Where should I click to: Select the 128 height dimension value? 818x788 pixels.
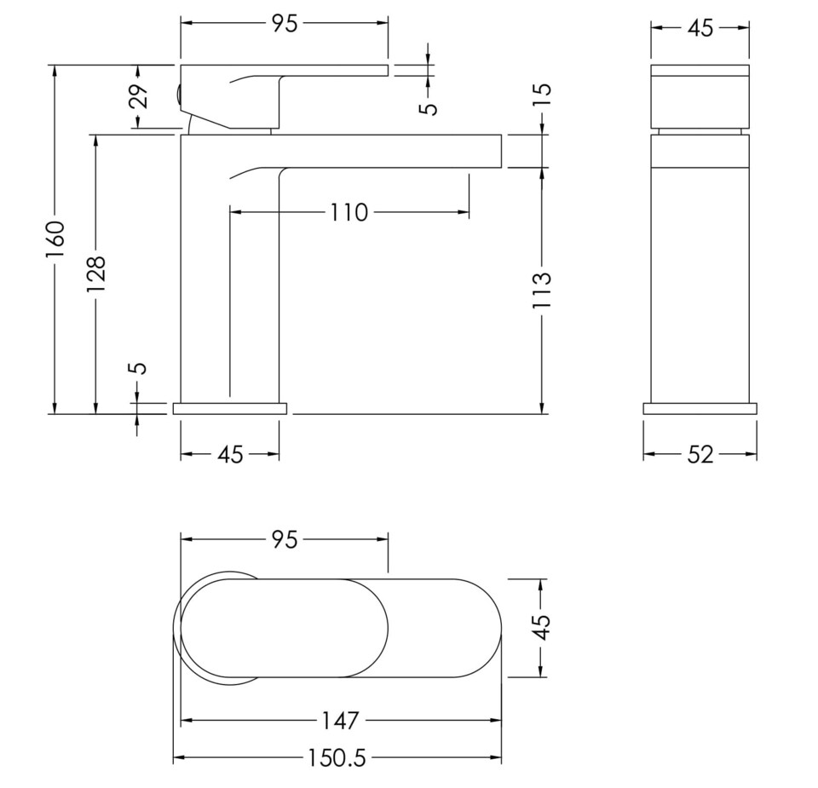click(95, 274)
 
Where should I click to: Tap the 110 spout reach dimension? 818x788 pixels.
click(349, 212)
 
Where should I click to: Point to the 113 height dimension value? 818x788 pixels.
click(543, 290)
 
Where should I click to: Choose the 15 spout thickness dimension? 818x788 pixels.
click(543, 93)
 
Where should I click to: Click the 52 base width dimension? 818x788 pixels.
click(700, 455)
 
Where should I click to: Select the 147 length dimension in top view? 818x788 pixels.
click(340, 721)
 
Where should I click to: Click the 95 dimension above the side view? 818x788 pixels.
click(285, 24)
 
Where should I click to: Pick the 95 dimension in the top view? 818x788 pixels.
click(285, 539)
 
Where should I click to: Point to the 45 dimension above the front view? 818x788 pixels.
click(700, 28)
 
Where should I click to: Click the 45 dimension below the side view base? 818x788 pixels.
click(230, 455)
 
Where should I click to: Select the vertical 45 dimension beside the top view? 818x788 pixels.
click(543, 629)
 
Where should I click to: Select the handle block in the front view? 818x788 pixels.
click(700, 95)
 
